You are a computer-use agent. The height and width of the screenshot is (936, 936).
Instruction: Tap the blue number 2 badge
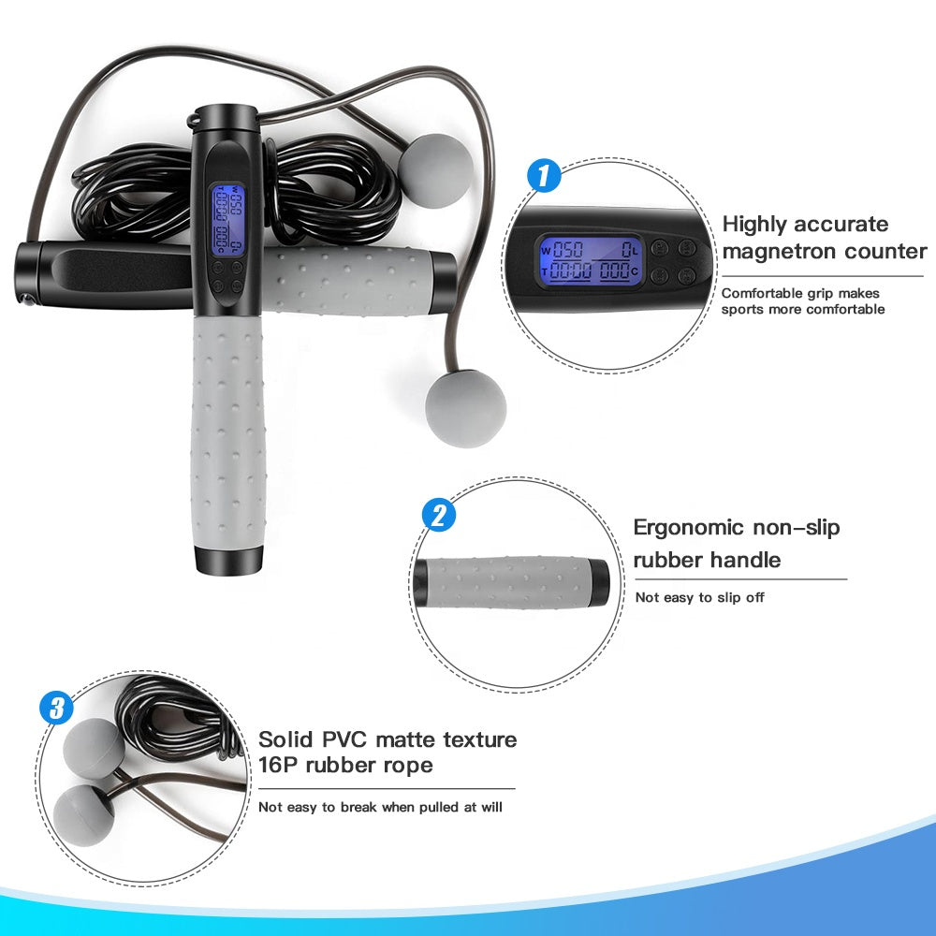pyautogui.click(x=439, y=515)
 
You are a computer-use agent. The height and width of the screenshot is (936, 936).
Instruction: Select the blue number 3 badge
pyautogui.click(x=57, y=709)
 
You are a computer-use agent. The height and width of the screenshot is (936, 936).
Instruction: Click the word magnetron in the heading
pyautogui.click(x=795, y=251)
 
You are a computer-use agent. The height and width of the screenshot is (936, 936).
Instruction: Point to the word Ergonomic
pyautogui.click(x=689, y=527)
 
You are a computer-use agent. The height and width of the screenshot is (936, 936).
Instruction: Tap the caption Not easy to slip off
pyautogui.click(x=699, y=597)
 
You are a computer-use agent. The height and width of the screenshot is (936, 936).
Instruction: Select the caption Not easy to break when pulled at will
pyautogui.click(x=380, y=806)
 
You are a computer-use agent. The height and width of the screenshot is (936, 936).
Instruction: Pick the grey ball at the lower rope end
pyautogui.click(x=465, y=413)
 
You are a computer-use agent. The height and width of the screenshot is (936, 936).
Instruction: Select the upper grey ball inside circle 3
pyautogui.click(x=94, y=748)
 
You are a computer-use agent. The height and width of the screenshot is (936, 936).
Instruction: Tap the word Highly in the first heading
pyautogui.click(x=754, y=224)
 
